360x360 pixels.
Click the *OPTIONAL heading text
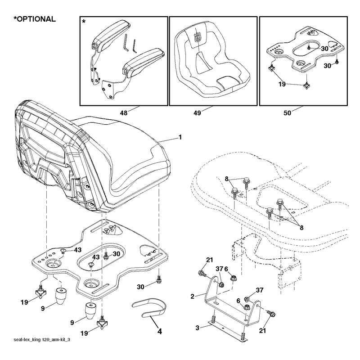pos(35,19)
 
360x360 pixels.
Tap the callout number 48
pos(124,113)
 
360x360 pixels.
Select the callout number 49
pos(197,113)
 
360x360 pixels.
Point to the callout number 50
pos(287,113)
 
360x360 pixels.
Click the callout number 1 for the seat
pos(180,137)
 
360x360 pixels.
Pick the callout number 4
pos(160,331)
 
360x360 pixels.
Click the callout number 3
pos(198,328)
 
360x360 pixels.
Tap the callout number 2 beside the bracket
pos(193,297)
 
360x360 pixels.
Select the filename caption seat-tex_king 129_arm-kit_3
pos(42,340)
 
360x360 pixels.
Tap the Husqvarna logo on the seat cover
pos(197,37)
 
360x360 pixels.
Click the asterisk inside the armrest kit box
pos(84,22)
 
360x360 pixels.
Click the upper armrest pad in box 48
pos(111,36)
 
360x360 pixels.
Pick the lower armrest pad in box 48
pos(144,63)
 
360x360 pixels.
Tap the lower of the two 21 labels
pos(262,330)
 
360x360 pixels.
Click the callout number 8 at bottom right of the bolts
pos(301,228)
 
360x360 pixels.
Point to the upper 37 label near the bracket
pos(220,269)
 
